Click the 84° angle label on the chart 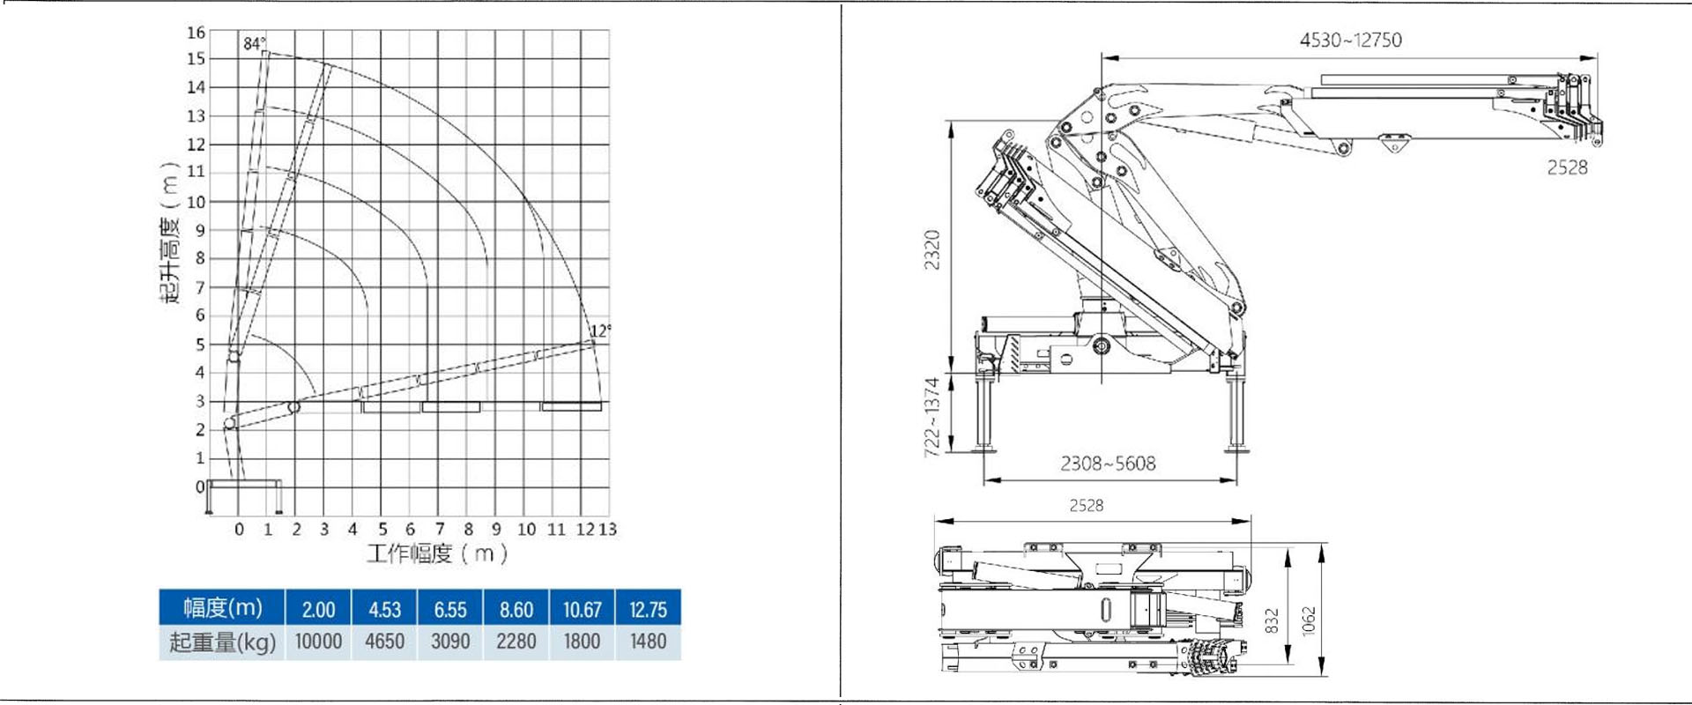(254, 43)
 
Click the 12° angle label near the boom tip (600, 330)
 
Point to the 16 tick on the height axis (196, 33)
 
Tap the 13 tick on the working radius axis (607, 529)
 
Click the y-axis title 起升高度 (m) (170, 234)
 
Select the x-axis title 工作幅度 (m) (437, 553)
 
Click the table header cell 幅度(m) (222, 608)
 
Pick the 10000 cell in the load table (318, 642)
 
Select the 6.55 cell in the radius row (450, 609)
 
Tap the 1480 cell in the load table (648, 642)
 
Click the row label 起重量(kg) (222, 642)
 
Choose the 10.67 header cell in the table (582, 609)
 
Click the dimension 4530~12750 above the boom (1350, 40)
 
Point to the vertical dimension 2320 (932, 249)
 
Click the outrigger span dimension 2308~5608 (1108, 464)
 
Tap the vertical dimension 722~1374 (932, 417)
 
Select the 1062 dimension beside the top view (1309, 620)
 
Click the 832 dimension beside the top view (1271, 620)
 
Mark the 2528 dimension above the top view (1086, 505)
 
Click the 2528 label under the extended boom (1567, 167)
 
